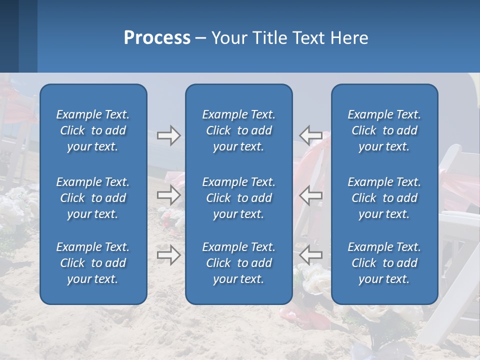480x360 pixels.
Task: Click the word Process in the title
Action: pyautogui.click(x=157, y=38)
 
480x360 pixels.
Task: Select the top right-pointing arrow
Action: pyautogui.click(x=168, y=135)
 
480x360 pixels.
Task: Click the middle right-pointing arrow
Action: pyautogui.click(x=168, y=195)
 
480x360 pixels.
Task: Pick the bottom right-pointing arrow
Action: pyautogui.click(x=168, y=255)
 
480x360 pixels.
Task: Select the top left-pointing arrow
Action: pyautogui.click(x=310, y=135)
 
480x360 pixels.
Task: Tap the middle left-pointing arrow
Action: pyautogui.click(x=310, y=195)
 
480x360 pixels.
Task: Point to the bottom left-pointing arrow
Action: pyautogui.click(x=310, y=255)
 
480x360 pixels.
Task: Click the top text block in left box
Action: pyautogui.click(x=93, y=130)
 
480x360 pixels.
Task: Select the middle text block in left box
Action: pyautogui.click(x=93, y=198)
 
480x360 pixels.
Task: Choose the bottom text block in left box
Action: pyautogui.click(x=93, y=263)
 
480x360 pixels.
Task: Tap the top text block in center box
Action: pyautogui.click(x=238, y=130)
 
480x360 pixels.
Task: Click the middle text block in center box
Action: pyautogui.click(x=238, y=198)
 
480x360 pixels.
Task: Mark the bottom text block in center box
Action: pyautogui.click(x=238, y=263)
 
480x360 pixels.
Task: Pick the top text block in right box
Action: pyautogui.click(x=384, y=130)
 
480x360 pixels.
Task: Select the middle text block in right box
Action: pyautogui.click(x=384, y=198)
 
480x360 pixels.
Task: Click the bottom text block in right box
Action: pyautogui.click(x=384, y=263)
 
